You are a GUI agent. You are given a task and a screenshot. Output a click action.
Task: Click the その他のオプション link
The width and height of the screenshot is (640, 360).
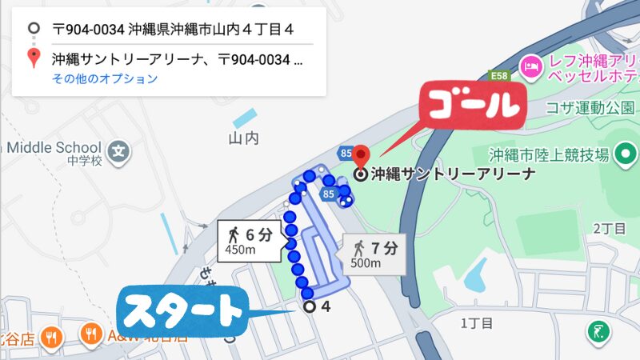tap(105, 78)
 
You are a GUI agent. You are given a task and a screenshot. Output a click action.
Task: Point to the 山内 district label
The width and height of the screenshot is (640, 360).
tap(244, 138)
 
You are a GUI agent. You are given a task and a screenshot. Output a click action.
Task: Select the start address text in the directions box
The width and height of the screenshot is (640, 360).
tap(172, 30)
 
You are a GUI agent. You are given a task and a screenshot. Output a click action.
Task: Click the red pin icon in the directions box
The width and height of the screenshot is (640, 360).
tap(33, 58)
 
